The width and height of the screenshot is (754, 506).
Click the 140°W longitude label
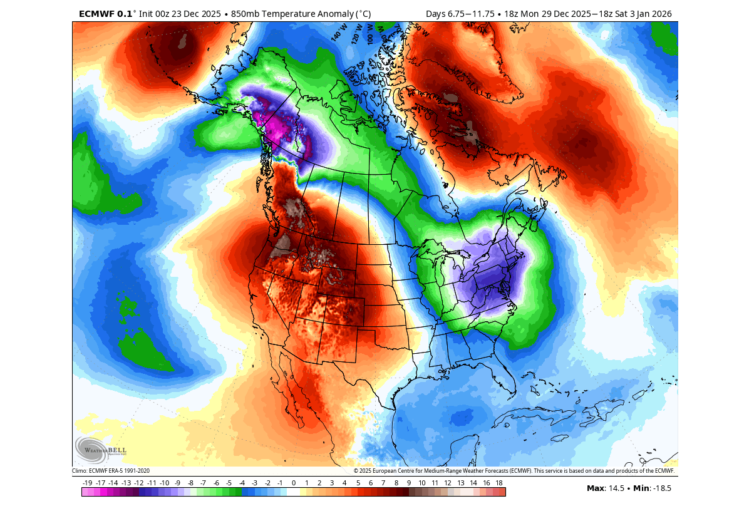[x=339, y=32]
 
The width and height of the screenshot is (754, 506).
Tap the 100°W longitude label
[x=370, y=33]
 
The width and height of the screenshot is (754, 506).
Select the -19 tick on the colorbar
[x=88, y=483]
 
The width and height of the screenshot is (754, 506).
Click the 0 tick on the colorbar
[x=294, y=483]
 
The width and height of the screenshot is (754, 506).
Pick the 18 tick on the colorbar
[x=499, y=483]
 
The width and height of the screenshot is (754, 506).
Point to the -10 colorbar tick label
[x=165, y=483]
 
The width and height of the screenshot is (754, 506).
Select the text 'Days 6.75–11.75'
[x=459, y=13]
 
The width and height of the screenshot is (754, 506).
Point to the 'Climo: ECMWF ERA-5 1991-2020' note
[x=111, y=471]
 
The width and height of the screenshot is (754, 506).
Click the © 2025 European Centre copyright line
[x=514, y=471]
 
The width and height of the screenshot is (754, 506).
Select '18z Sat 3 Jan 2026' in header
[x=631, y=13]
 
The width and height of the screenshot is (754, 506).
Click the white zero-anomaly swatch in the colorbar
[x=294, y=492]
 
